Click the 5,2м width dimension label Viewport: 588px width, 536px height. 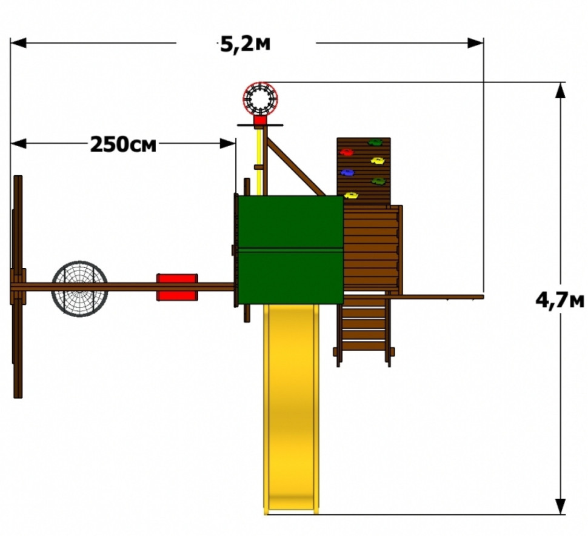[x=245, y=44]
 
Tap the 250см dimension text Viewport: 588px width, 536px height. [x=123, y=144]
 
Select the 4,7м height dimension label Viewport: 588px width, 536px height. [x=560, y=300]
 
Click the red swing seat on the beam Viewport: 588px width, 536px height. [x=177, y=287]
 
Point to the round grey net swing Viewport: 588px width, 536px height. [x=79, y=289]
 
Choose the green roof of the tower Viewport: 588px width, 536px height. [x=290, y=249]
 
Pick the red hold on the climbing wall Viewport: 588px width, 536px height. [x=347, y=152]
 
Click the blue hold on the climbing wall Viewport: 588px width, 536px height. [x=347, y=173]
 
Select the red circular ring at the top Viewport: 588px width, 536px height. [x=260, y=99]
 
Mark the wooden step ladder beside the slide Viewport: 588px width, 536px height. [x=364, y=330]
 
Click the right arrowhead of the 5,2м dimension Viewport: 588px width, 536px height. [x=475, y=43]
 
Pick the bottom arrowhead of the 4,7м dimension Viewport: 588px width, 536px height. [x=560, y=506]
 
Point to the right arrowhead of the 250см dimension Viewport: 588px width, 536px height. [x=228, y=143]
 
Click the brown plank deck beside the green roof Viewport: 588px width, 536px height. [x=372, y=249]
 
